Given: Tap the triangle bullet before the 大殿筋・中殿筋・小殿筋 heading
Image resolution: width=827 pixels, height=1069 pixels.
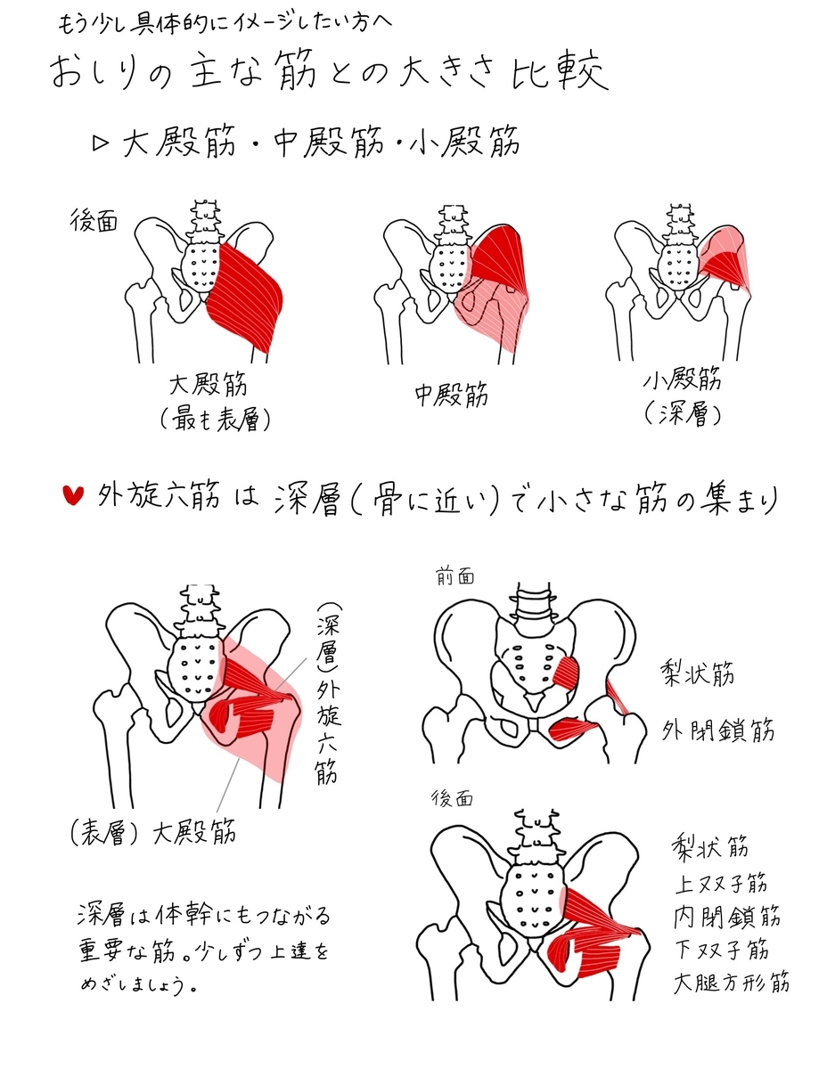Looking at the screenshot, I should [x=100, y=143].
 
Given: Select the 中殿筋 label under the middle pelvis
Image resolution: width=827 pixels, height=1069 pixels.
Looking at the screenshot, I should [x=452, y=396].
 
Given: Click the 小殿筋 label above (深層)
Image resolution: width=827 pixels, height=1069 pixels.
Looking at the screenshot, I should [x=682, y=380].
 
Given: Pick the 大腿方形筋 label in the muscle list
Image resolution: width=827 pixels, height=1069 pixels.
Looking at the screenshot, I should [x=731, y=983].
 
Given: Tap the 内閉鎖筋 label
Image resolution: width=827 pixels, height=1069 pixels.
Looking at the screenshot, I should [x=727, y=917].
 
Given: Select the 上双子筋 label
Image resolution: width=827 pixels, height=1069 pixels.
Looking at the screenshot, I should [x=719, y=884].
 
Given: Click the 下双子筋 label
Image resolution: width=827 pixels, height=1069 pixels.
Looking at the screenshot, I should [x=719, y=950].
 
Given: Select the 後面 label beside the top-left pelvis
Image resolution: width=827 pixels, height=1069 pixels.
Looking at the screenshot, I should [x=94, y=223].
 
